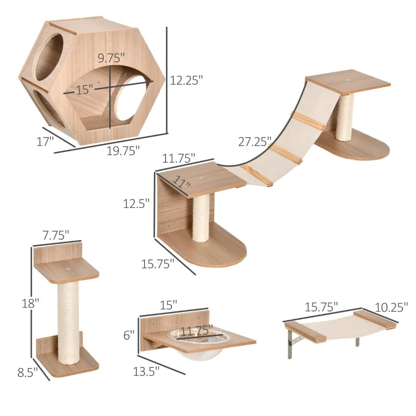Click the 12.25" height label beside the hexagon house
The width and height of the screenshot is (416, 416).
click(186, 80)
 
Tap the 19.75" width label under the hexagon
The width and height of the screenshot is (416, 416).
click(124, 151)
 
